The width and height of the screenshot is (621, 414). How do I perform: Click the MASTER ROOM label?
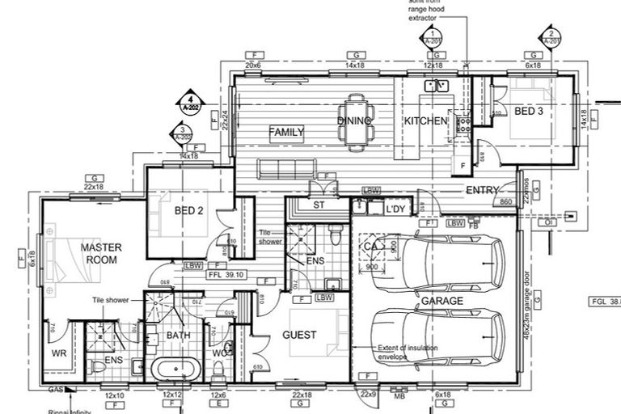101,253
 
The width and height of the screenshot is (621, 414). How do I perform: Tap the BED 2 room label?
188,212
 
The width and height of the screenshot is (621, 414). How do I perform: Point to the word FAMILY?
286,132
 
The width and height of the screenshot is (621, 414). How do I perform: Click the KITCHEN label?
425,121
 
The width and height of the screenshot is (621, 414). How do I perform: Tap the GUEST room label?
299,335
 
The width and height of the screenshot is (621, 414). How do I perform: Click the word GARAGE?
441,301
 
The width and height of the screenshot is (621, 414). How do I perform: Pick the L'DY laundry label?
395,209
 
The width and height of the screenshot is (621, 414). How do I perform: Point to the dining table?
356,121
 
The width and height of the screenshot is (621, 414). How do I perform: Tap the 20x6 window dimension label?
253,65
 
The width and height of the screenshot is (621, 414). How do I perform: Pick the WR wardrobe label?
59,353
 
